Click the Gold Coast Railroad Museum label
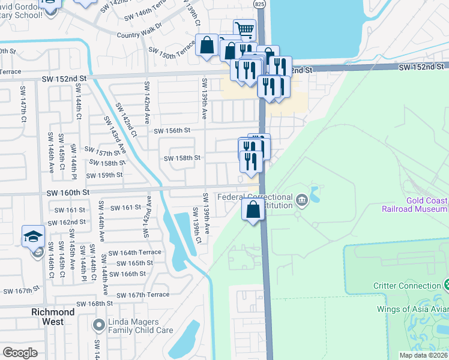click(x=415, y=204)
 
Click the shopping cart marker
click(x=244, y=29)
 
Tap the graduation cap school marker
click(x=34, y=236)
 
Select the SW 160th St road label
click(x=68, y=192)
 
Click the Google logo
click(x=20, y=353)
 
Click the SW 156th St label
click(x=172, y=130)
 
